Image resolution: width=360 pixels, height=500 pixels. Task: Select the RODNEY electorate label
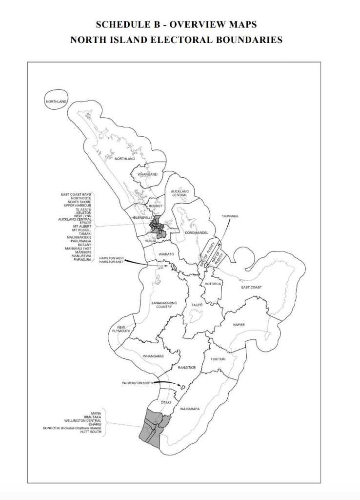(156, 206)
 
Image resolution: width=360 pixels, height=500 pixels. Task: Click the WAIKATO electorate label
(166, 254)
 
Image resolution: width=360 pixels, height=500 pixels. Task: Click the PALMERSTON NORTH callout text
(139, 383)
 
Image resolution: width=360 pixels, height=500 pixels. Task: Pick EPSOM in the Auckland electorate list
(85, 223)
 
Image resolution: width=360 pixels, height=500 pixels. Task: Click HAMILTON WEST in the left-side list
(111, 258)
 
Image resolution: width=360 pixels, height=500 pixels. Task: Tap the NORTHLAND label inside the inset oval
(56, 102)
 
